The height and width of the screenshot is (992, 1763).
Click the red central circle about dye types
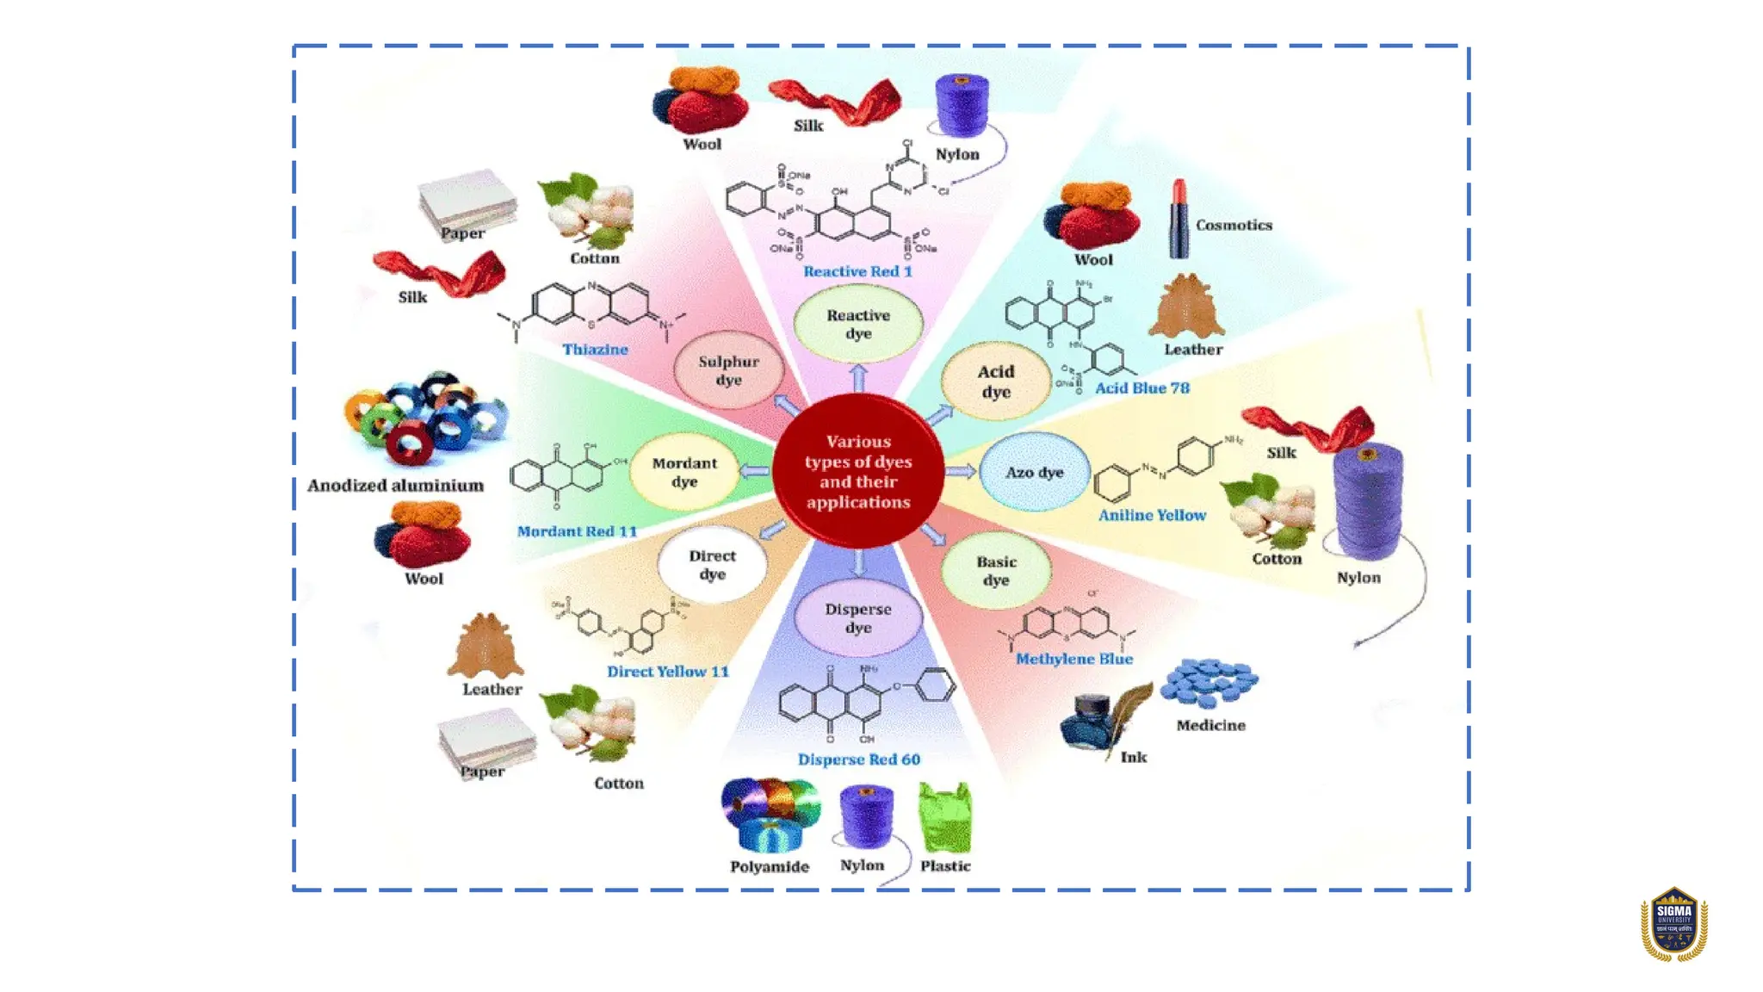click(x=857, y=471)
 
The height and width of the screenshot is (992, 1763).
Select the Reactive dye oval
click(x=857, y=325)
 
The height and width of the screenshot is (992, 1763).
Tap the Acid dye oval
click(x=995, y=381)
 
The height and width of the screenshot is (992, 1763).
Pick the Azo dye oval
click(x=1034, y=472)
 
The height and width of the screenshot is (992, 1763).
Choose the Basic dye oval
click(x=995, y=570)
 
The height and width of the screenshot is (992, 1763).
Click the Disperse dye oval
click(x=857, y=617)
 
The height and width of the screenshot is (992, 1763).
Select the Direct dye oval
click(x=712, y=565)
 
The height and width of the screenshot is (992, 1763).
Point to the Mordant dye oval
click(x=684, y=472)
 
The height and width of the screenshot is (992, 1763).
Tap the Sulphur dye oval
click(x=728, y=370)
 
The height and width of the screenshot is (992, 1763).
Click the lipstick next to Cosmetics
click(x=1178, y=219)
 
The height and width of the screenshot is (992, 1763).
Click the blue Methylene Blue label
click(x=1073, y=659)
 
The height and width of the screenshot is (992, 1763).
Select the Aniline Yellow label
click(x=1152, y=515)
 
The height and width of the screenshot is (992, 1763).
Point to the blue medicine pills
click(x=1209, y=683)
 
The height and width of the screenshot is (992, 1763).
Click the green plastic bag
click(x=944, y=817)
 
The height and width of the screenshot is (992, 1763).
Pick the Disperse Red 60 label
click(x=858, y=759)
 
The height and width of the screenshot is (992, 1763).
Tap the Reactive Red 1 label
click(x=857, y=271)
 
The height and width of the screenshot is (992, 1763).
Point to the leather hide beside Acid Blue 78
click(x=1186, y=308)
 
